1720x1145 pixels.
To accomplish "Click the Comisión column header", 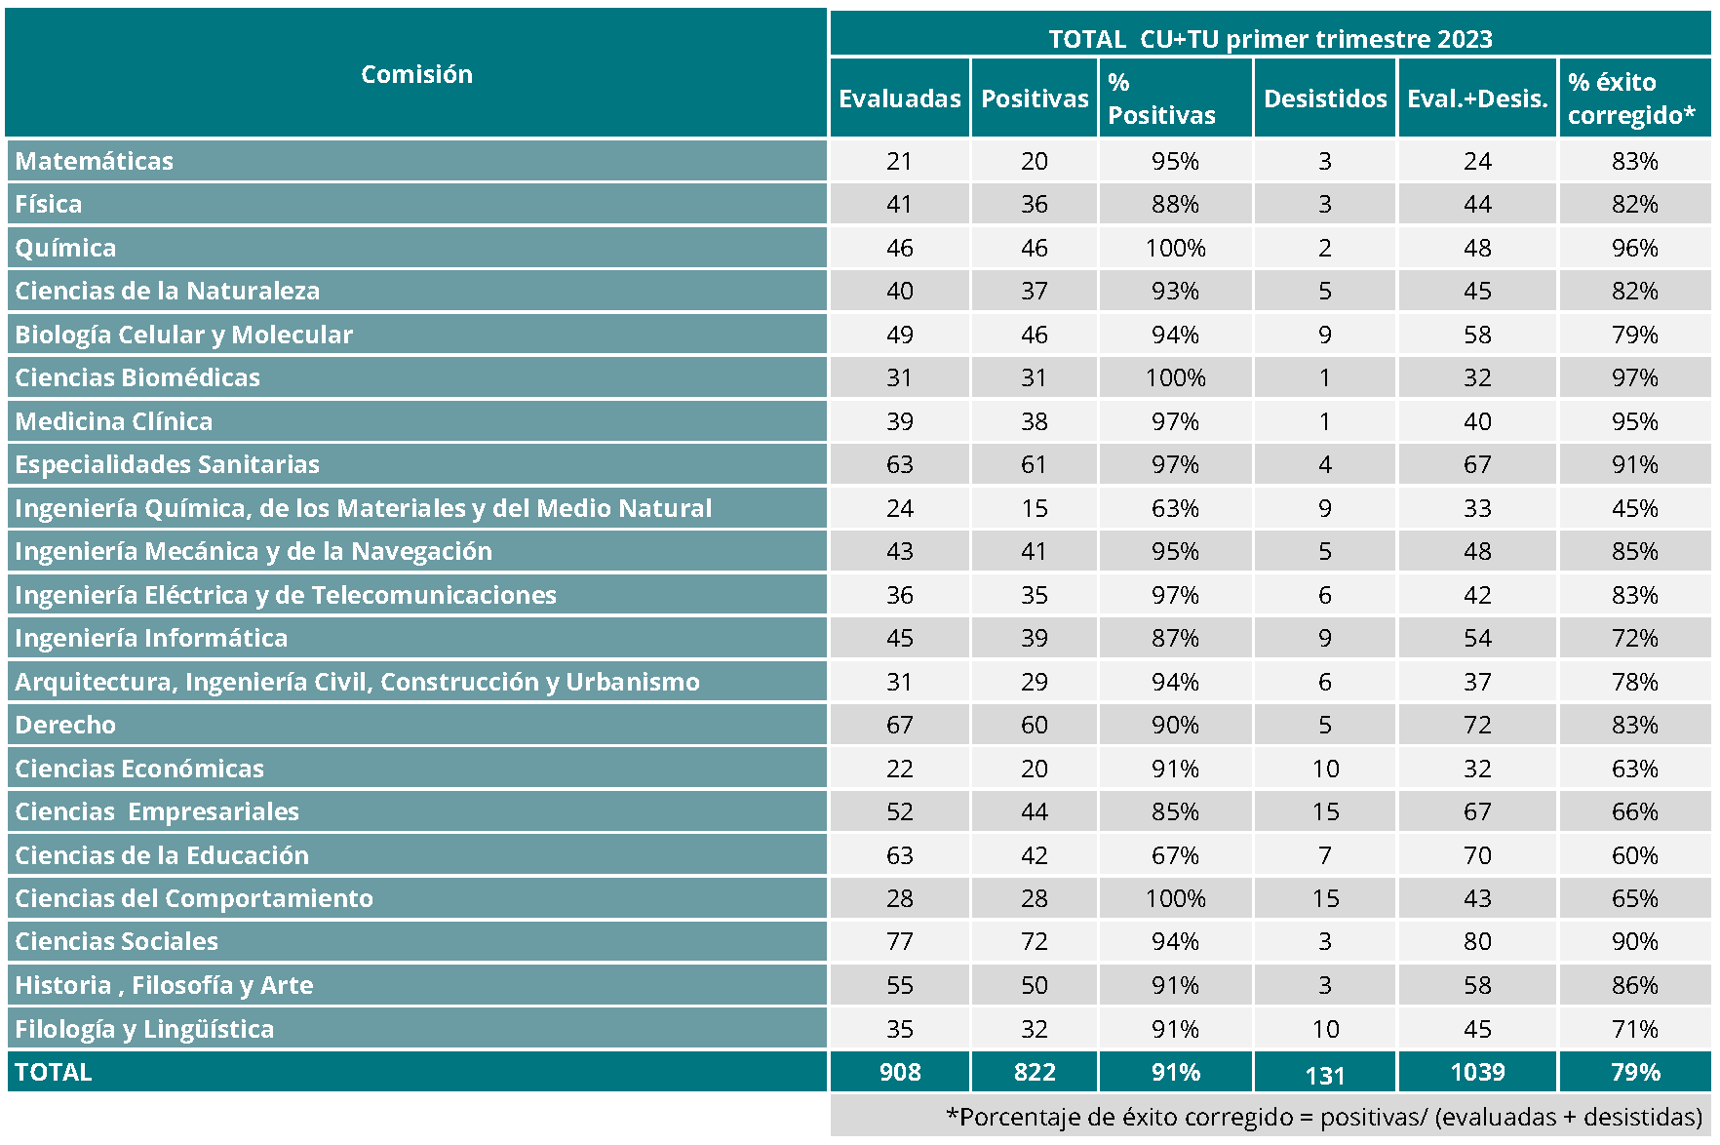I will [x=416, y=74].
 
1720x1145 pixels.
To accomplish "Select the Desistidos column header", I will [x=1325, y=99].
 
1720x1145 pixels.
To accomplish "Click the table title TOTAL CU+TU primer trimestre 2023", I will [x=1270, y=39].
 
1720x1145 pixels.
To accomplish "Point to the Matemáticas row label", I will [x=95, y=161].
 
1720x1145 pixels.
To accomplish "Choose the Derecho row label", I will [x=65, y=725].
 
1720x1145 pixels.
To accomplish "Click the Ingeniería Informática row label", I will [x=151, y=638].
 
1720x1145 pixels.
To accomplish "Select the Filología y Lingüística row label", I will [x=144, y=1029].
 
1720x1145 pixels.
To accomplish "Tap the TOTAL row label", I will [x=54, y=1072].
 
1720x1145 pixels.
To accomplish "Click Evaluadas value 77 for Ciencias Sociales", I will [x=899, y=941].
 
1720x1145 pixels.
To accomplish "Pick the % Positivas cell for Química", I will [x=1175, y=248].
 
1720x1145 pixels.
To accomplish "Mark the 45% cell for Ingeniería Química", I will [x=1634, y=508].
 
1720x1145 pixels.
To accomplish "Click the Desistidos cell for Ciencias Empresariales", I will [x=1325, y=811].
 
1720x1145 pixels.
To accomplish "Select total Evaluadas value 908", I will [x=899, y=1072].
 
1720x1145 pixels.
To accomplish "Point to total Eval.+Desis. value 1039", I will [x=1477, y=1072].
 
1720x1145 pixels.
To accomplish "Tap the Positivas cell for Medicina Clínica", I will [x=1034, y=421].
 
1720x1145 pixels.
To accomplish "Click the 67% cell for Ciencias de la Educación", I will [x=1175, y=855].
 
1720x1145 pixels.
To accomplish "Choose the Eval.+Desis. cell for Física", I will [x=1477, y=204].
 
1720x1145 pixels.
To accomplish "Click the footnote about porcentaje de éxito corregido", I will [x=1323, y=1117].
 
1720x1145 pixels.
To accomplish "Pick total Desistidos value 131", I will [x=1325, y=1075].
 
